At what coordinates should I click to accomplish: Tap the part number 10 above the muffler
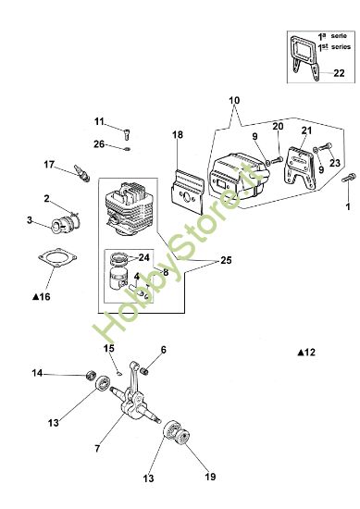pyautogui.click(x=233, y=100)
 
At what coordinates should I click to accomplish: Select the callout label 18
pyautogui.click(x=178, y=135)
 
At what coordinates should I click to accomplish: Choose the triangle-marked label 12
pyautogui.click(x=306, y=352)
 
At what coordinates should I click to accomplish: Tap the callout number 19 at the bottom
pyautogui.click(x=209, y=477)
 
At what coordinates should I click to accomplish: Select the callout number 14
pyautogui.click(x=37, y=373)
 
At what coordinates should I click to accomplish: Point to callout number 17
pyautogui.click(x=50, y=165)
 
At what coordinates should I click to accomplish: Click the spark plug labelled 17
pyautogui.click(x=79, y=171)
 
